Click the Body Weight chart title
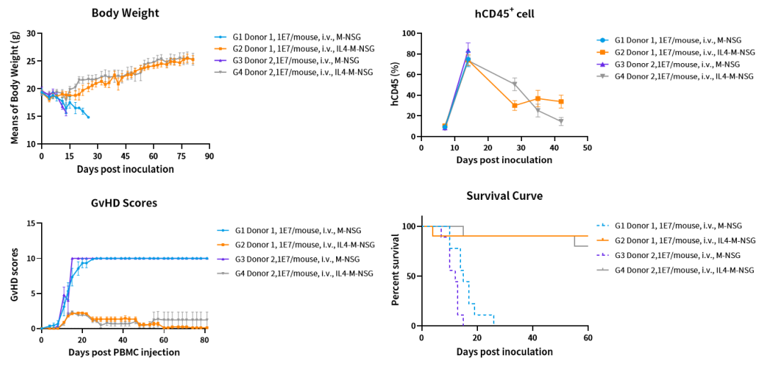125,13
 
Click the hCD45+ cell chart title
504,13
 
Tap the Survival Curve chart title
504,196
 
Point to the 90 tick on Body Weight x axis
208,156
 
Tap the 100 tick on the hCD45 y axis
408,33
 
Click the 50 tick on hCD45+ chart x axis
587,147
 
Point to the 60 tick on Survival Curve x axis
588,338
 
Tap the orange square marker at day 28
514,106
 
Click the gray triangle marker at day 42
561,121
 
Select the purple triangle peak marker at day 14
468,51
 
